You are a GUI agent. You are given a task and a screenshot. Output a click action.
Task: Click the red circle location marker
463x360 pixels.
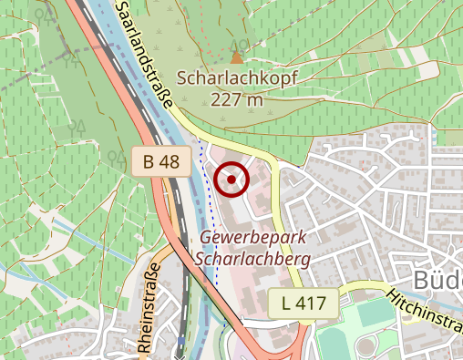pyautogui.click(x=231, y=179)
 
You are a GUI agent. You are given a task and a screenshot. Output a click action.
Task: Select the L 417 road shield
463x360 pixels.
pyautogui.click(x=304, y=302)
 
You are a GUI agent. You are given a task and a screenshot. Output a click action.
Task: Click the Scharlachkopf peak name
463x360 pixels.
pyautogui.click(x=238, y=78)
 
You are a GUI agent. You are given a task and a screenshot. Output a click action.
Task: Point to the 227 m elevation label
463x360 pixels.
pyautogui.click(x=236, y=98)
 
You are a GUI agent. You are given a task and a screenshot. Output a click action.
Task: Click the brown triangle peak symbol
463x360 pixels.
pyautogui.click(x=237, y=58)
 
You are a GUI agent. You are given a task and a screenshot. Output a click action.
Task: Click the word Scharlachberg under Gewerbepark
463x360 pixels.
pyautogui.click(x=252, y=258)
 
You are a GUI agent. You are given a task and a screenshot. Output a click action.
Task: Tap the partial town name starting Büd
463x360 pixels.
pyautogui.click(x=438, y=278)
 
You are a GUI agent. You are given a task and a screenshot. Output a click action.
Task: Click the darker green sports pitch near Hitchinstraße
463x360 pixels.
pyautogui.click(x=372, y=312)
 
